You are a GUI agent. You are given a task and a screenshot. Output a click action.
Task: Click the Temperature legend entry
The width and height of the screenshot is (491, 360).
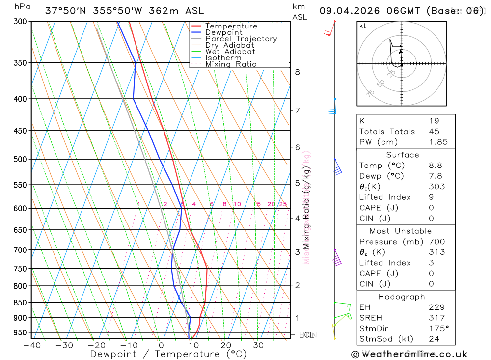click(x=231, y=26)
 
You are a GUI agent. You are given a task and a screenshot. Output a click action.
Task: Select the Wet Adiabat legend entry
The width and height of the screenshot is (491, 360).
click(x=230, y=52)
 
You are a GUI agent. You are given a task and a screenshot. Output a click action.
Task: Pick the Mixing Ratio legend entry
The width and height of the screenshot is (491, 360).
click(x=231, y=64)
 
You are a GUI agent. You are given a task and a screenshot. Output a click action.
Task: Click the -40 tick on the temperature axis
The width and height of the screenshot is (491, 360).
click(x=31, y=345)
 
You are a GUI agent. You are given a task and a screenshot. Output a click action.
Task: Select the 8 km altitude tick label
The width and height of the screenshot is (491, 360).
click(x=297, y=72)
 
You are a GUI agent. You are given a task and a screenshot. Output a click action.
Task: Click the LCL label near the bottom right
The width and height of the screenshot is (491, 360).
click(x=306, y=335)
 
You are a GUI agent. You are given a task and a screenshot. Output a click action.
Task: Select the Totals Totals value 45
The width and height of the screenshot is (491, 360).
click(x=434, y=131)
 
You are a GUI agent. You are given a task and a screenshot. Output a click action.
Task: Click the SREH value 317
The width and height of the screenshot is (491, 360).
click(x=436, y=318)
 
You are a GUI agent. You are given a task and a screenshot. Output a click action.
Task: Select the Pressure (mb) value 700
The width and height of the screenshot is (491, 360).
click(x=436, y=242)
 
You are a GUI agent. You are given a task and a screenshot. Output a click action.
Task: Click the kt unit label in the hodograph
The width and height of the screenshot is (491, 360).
click(x=363, y=26)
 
